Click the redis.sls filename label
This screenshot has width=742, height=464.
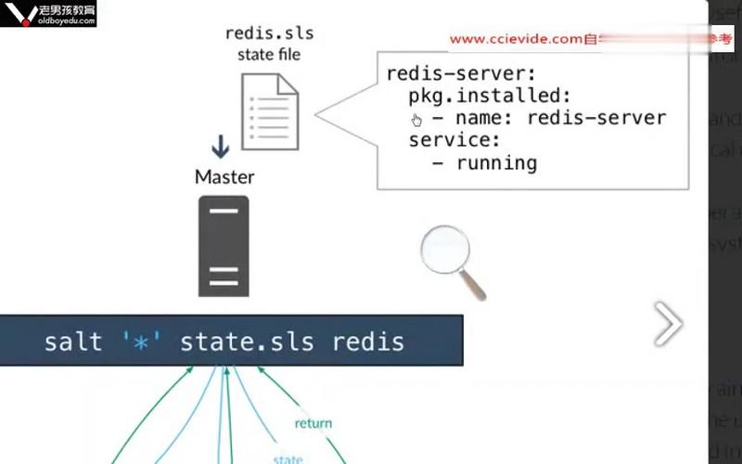coord(269,33)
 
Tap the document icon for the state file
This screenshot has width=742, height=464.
coord(270,111)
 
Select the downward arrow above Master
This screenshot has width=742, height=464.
coord(221,147)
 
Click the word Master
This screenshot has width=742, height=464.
coord(224,175)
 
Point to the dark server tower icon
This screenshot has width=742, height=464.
coord(224,246)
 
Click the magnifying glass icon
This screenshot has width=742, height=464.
coord(451,261)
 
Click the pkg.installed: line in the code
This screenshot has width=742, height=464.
coord(489,96)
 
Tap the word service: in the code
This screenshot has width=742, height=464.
coord(454,140)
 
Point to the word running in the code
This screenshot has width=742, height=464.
coord(495,162)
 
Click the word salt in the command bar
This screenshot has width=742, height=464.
coord(72,342)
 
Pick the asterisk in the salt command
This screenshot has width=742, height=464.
coord(141,342)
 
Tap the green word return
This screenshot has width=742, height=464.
coord(313,424)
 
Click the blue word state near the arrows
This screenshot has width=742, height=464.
coord(287,458)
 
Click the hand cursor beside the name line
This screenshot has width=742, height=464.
coord(416,120)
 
